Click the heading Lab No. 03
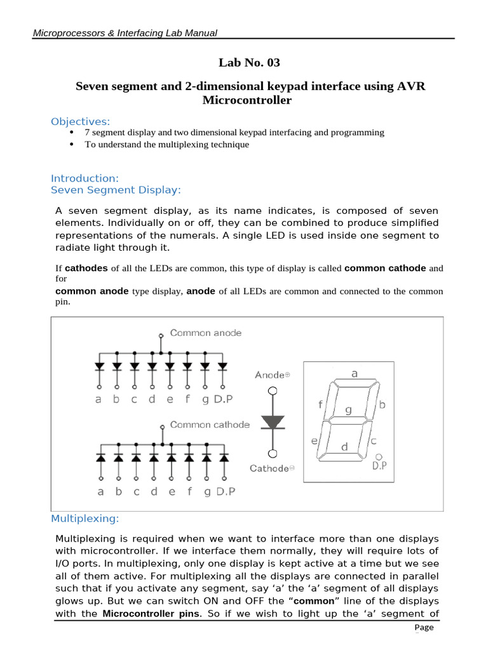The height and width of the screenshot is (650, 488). pos(249,62)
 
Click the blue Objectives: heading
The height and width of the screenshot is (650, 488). pos(80,121)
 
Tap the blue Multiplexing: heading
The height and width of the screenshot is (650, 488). pos(85,519)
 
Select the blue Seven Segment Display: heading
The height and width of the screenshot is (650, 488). pos(116,190)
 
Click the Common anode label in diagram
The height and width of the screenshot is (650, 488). pos(205,333)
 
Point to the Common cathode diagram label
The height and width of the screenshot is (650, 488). pos(210,425)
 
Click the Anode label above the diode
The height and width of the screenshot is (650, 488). pos(273,375)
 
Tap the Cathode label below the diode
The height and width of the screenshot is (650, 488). pos(272,468)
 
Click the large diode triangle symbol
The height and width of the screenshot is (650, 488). pos(273,421)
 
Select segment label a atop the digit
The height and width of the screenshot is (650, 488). pos(355,374)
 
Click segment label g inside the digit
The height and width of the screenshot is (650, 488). pos(348,410)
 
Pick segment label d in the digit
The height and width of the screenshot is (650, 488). pos(344,447)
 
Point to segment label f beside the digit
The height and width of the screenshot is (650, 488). pos(321,404)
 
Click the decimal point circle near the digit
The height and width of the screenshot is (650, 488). pos(379,456)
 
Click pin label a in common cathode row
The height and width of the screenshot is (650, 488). pos(100,491)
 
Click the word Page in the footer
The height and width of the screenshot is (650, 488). pos(424,627)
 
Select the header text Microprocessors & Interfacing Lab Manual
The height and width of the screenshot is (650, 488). pos(125,33)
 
